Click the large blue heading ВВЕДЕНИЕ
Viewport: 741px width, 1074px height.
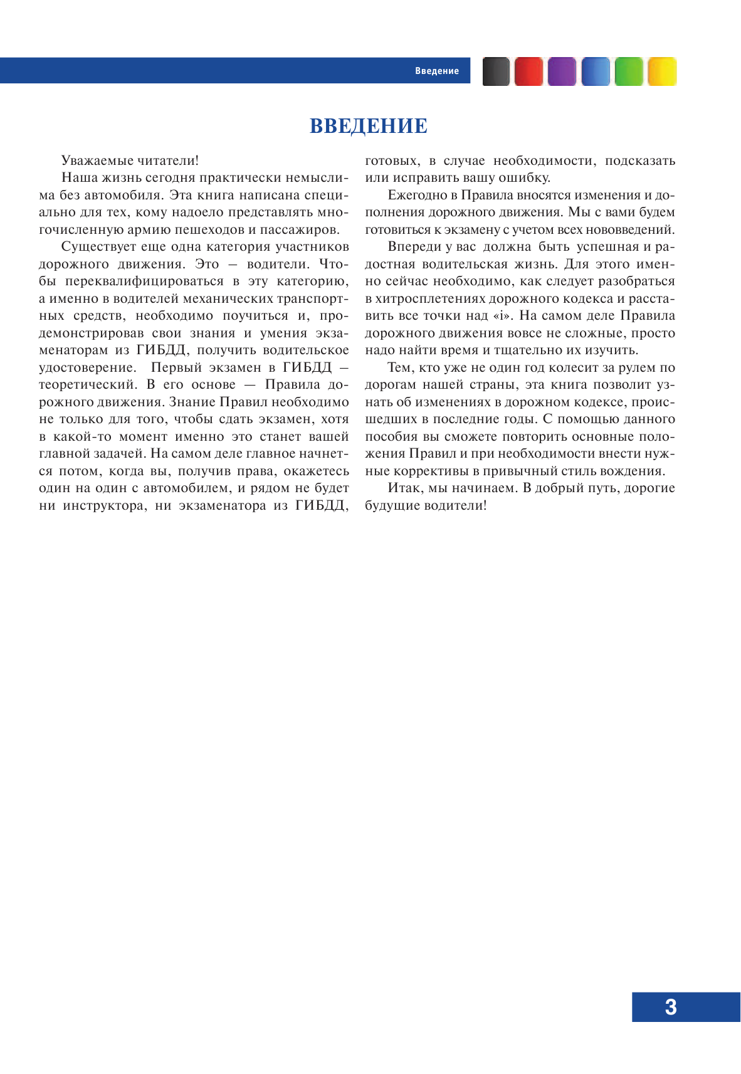tap(369, 126)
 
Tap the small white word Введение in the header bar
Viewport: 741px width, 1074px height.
tap(436, 71)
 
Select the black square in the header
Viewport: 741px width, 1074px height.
tap(496, 71)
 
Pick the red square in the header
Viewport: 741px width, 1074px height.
tap(528, 71)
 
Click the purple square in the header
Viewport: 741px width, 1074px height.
tap(562, 71)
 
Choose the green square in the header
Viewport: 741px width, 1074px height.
tap(629, 71)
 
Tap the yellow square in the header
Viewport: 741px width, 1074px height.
tap(662, 71)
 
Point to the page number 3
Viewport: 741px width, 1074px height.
tap(670, 1006)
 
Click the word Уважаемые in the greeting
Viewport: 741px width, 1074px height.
tap(92, 161)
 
